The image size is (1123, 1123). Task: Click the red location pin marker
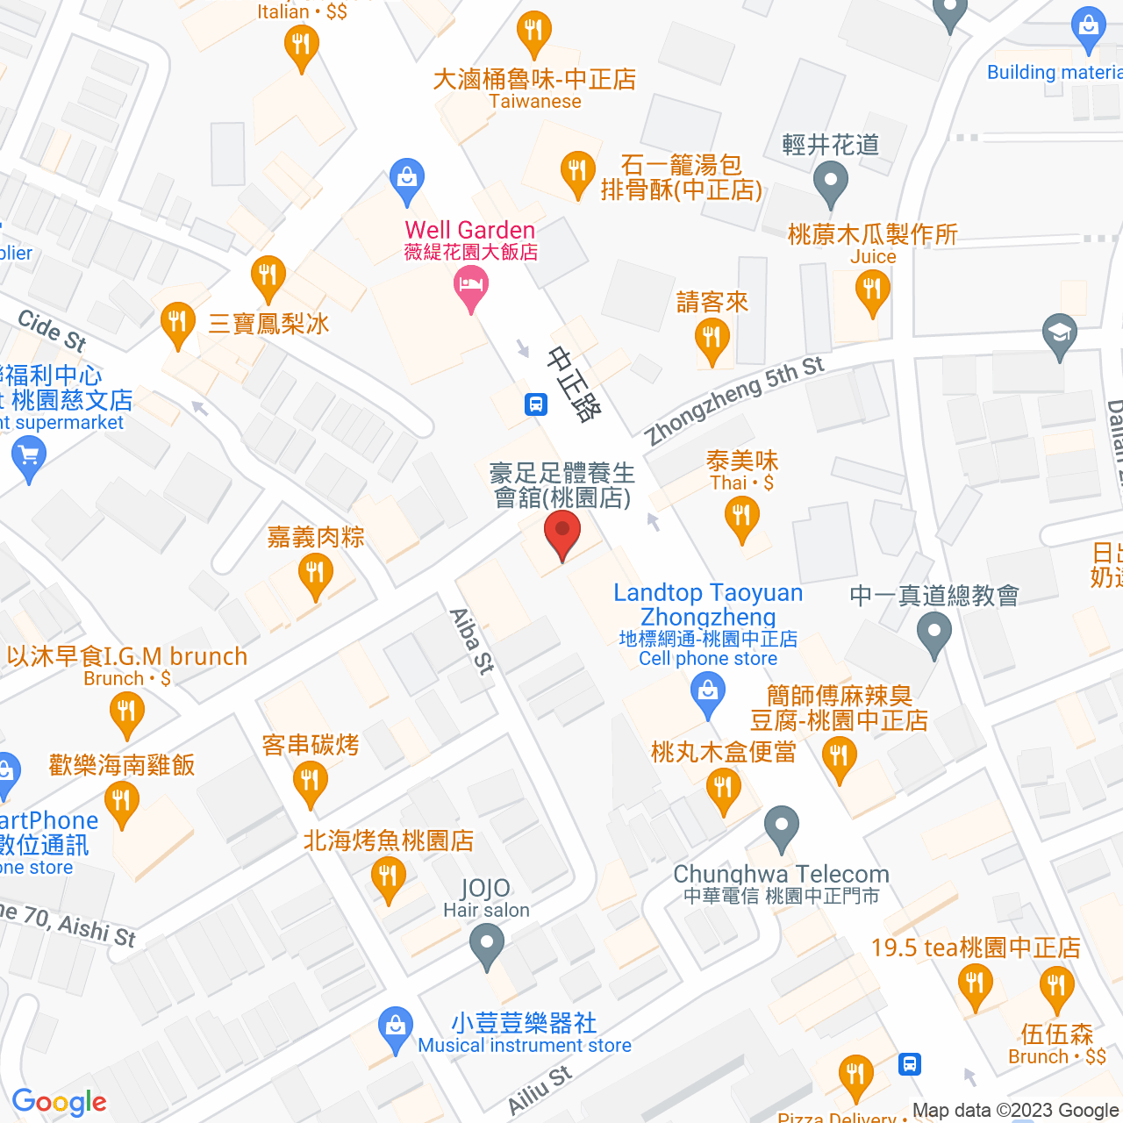pyautogui.click(x=561, y=535)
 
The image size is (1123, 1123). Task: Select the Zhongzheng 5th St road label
pyautogui.click(x=733, y=401)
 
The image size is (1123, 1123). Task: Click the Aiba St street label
pyautogui.click(x=472, y=640)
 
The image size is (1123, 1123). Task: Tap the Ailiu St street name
pyautogui.click(x=540, y=1091)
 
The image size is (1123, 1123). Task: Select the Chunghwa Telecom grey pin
pyautogui.click(x=781, y=827)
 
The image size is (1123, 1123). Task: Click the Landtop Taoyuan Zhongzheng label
pyautogui.click(x=708, y=604)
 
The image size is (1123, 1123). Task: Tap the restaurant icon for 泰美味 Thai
pyautogui.click(x=742, y=518)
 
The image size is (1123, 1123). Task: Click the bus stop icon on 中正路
pyautogui.click(x=536, y=404)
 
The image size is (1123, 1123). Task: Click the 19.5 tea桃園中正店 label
pyautogui.click(x=976, y=948)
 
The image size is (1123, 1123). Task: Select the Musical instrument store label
pyautogui.click(x=525, y=1045)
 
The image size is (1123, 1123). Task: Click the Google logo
pyautogui.click(x=60, y=1102)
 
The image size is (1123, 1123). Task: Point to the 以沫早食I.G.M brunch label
pyautogui.click(x=127, y=656)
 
